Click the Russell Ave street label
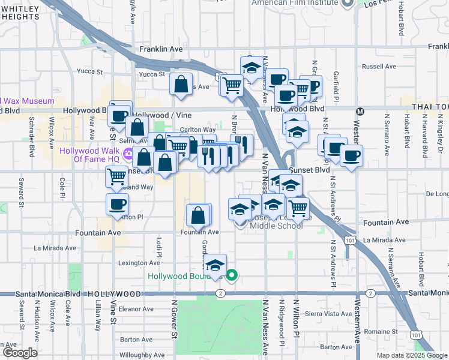(x=379, y=67)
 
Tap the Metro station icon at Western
(x=360, y=111)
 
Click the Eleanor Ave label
(x=137, y=309)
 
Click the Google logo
(x=20, y=353)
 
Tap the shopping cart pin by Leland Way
(x=116, y=176)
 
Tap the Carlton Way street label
(x=198, y=129)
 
